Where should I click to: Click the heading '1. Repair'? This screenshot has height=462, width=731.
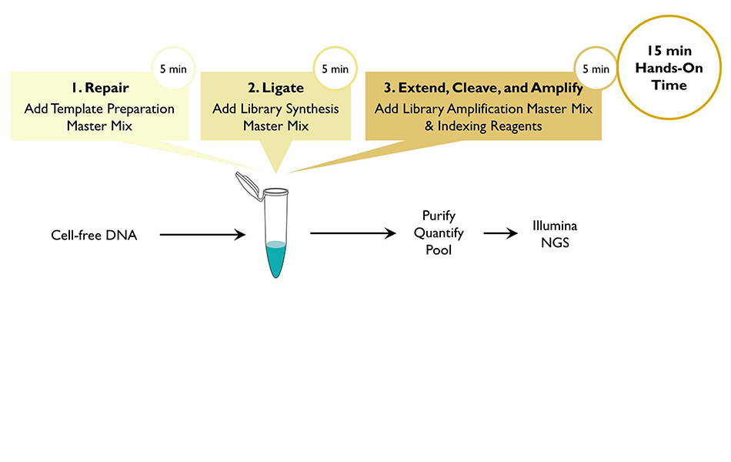(x=100, y=88)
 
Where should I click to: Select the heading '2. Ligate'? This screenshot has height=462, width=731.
(x=276, y=88)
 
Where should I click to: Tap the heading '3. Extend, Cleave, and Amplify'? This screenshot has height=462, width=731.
(x=483, y=88)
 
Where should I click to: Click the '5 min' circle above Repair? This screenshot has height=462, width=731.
(x=173, y=69)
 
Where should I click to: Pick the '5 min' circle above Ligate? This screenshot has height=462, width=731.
(x=335, y=69)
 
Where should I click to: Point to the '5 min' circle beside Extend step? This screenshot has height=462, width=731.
(x=596, y=69)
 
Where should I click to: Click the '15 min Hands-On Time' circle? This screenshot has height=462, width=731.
(x=669, y=68)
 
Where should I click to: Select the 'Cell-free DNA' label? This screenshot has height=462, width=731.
(x=94, y=235)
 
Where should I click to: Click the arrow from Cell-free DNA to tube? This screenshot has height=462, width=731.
(x=202, y=234)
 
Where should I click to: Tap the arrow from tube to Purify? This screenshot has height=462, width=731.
(x=353, y=233)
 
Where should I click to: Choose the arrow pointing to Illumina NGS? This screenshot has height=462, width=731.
(x=501, y=233)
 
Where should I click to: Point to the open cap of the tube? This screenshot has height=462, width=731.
(x=247, y=186)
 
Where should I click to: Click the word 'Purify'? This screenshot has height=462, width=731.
(x=439, y=216)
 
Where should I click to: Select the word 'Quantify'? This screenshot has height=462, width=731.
(x=439, y=233)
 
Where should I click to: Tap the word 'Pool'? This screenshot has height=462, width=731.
(x=439, y=249)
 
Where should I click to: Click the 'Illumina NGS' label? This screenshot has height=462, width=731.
(x=555, y=234)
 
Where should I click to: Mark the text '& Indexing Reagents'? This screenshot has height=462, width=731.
(x=483, y=126)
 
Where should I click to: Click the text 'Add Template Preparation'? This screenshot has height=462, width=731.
(x=99, y=109)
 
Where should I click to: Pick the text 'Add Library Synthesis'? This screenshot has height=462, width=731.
(x=276, y=109)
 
